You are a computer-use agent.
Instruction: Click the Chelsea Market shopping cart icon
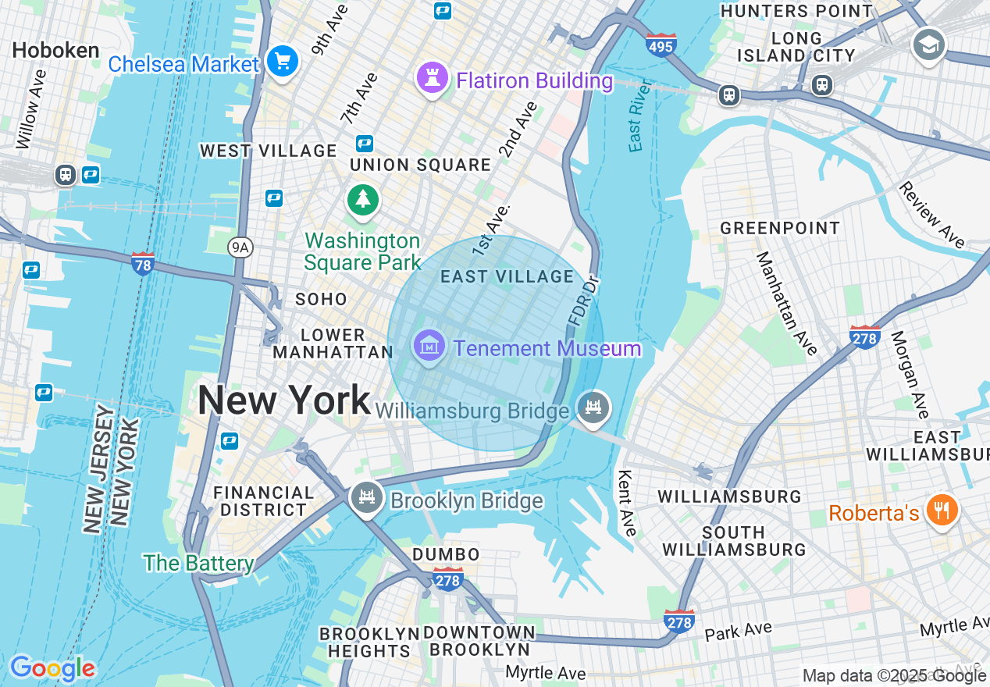[x=282, y=61]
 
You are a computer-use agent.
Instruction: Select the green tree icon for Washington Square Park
[x=363, y=199]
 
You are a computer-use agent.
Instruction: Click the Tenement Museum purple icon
[x=430, y=344]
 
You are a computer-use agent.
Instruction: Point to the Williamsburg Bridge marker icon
[x=593, y=408]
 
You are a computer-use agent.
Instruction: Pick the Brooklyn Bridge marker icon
[x=365, y=497]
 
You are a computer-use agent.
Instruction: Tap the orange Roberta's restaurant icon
[x=942, y=511]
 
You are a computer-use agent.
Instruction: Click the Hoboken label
[x=55, y=51]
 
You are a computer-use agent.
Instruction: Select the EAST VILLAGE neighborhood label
[x=507, y=276]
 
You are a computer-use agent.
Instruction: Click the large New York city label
[x=283, y=400]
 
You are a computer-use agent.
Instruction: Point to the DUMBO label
[x=446, y=554]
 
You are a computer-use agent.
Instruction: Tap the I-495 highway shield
[x=661, y=45]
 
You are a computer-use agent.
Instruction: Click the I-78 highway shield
[x=143, y=263]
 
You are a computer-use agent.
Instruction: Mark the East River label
[x=639, y=115]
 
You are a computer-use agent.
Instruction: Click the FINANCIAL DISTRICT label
[x=263, y=501]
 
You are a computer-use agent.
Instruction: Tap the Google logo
[x=52, y=668]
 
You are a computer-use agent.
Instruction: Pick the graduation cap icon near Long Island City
[x=929, y=44]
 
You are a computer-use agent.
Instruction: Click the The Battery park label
[x=198, y=563]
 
